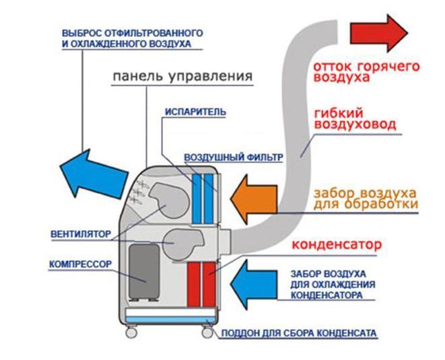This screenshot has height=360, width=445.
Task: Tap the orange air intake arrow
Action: pos(254,197)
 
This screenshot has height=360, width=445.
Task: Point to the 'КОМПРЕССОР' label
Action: pos(79,264)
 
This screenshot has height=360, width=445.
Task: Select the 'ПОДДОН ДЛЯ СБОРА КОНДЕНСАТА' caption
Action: pos(294,333)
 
